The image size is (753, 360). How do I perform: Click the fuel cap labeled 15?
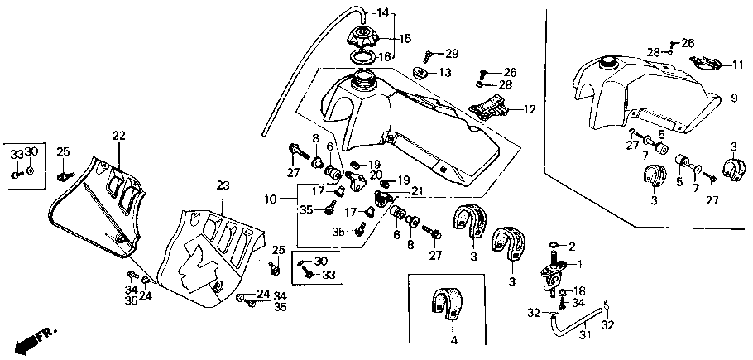tap(363, 37)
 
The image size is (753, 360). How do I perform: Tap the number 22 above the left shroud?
tap(118, 136)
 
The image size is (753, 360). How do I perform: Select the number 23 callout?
tap(223, 185)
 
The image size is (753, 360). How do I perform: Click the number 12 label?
tap(530, 110)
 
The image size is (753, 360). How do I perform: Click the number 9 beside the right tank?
tap(734, 98)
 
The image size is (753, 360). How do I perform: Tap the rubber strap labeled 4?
tap(447, 304)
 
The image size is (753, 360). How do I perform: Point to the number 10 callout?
tap(271, 199)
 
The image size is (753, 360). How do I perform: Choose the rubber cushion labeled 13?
tap(420, 74)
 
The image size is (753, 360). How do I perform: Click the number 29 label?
tap(452, 53)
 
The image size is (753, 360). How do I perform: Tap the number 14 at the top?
tap(382, 12)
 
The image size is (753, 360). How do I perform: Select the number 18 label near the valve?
tap(579, 290)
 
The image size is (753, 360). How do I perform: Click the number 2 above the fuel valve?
tap(572, 247)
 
